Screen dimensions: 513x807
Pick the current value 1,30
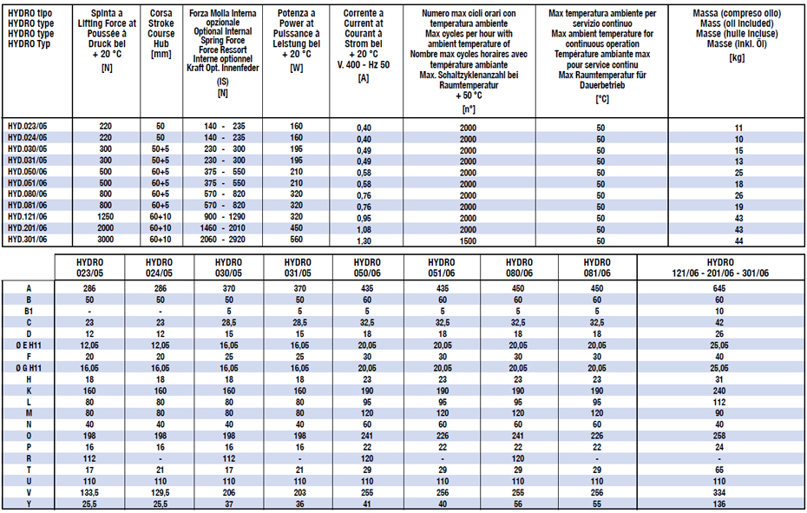[x=364, y=239]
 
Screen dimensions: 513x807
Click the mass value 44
[x=738, y=239]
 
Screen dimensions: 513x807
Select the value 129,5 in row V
[x=161, y=490]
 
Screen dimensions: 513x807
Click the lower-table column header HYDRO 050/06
[x=366, y=268]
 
